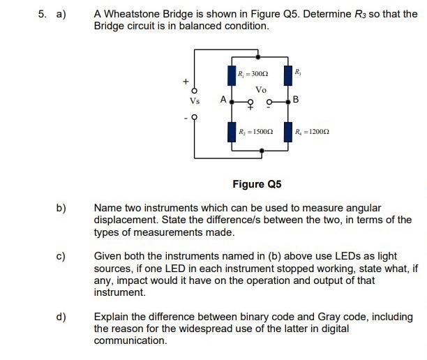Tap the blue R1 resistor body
232,75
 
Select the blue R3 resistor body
287,75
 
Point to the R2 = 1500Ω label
255,131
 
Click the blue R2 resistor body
232,130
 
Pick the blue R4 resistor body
287,130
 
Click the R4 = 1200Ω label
312,131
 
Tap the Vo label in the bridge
261,89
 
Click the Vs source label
195,100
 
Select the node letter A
223,100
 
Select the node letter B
296,100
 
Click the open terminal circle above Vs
195,90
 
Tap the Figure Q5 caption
257,184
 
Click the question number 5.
41,14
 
